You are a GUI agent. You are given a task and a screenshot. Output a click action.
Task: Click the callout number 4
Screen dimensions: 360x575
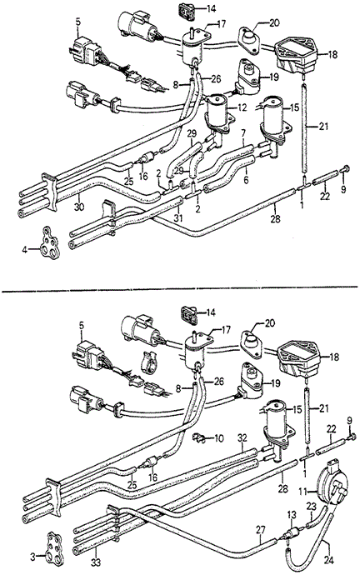click(24, 250)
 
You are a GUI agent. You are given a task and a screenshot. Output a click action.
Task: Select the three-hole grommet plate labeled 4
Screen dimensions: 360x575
click(49, 243)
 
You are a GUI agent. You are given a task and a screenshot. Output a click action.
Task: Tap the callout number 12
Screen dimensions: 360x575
click(242, 107)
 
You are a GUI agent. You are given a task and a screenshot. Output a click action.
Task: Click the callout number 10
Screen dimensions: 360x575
click(218, 438)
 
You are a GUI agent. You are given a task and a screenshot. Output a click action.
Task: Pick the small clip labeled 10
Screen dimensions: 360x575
click(198, 437)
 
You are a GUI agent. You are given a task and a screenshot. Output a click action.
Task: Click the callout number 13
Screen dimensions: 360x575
click(292, 516)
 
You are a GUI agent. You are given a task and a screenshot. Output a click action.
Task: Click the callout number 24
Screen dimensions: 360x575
click(328, 560)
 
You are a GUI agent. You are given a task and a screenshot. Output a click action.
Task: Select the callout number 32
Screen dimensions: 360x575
click(242, 438)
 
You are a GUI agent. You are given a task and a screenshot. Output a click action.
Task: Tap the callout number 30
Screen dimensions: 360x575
click(79, 207)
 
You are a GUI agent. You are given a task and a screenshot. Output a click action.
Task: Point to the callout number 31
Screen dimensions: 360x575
click(177, 217)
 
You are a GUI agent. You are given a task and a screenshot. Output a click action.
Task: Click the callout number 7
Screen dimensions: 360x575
click(243, 132)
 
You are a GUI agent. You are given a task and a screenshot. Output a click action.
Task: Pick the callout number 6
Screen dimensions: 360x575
click(246, 181)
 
